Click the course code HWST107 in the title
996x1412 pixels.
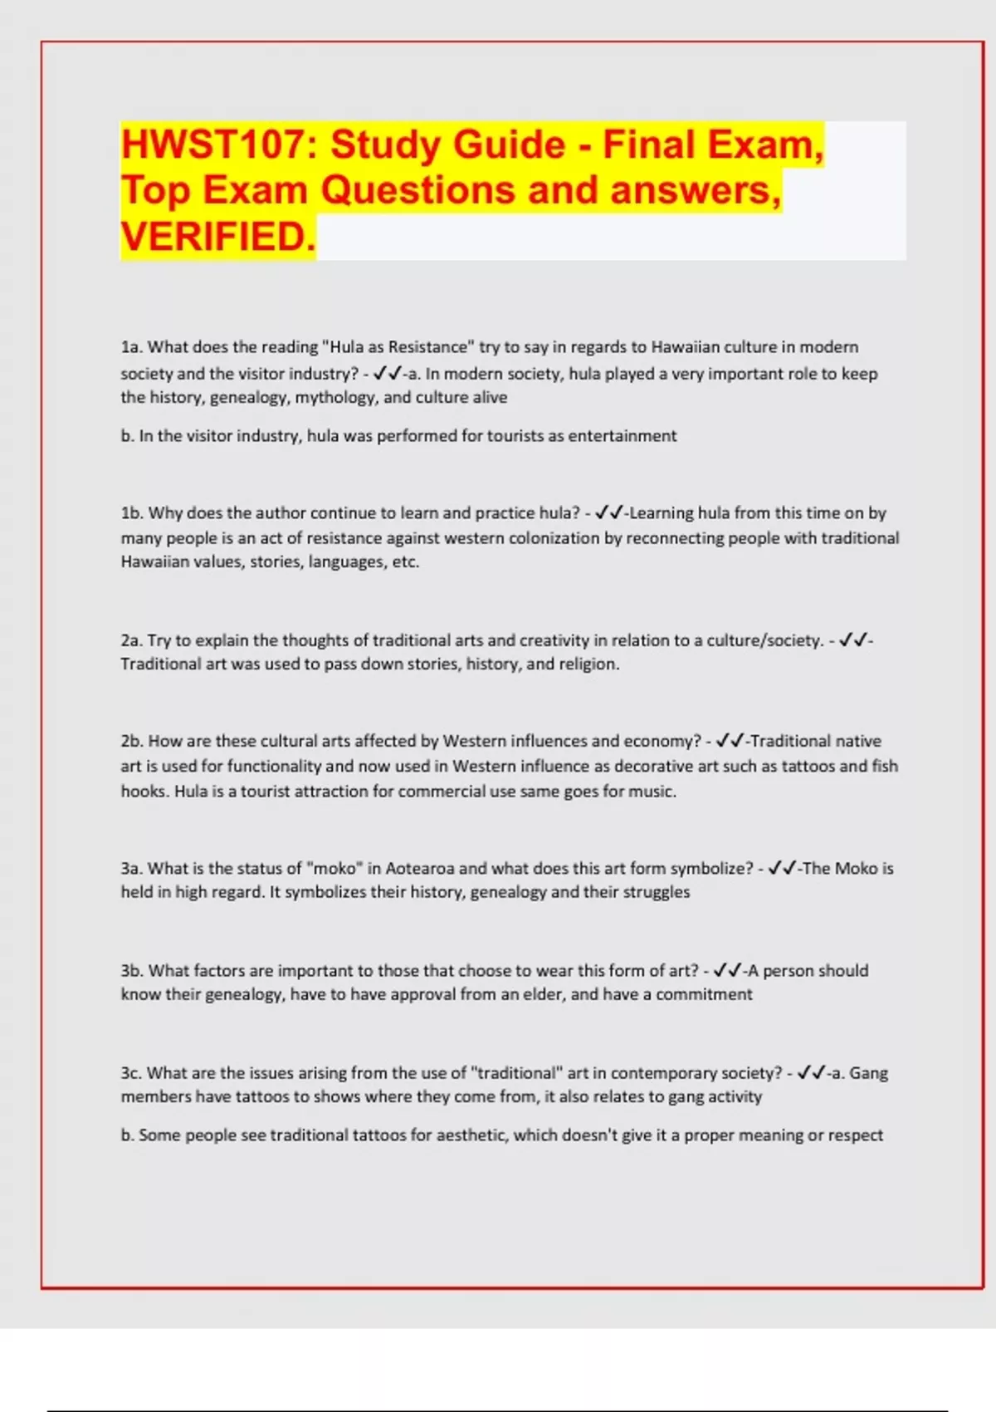point(212,145)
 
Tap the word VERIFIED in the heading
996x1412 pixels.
point(217,237)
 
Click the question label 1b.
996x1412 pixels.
point(131,513)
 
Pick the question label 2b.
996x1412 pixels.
point(131,741)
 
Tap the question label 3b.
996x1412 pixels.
point(131,971)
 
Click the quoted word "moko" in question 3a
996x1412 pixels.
point(334,869)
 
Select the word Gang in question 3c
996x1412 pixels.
point(868,1073)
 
